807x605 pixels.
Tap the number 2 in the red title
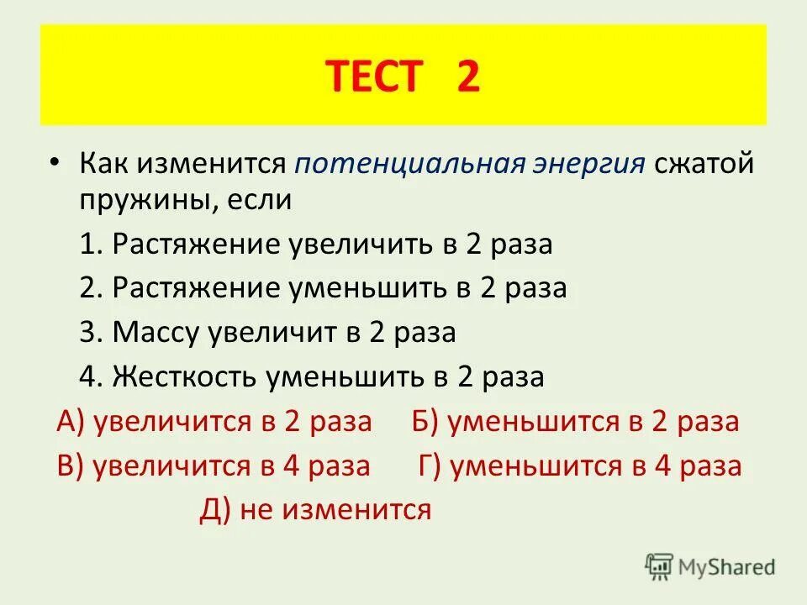pos(468,77)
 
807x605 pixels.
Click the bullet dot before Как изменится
pos(54,159)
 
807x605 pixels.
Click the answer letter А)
pos(71,421)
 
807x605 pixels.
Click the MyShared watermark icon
pos(660,567)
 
